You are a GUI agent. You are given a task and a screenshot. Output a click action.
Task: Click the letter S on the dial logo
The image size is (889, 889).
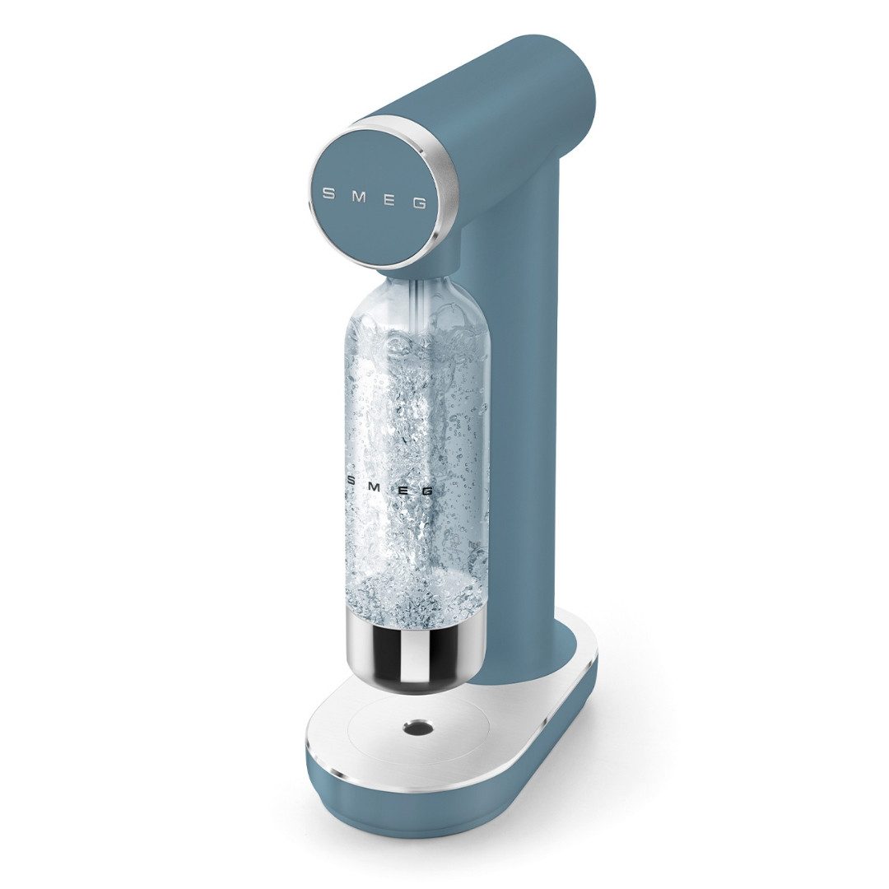[328, 194]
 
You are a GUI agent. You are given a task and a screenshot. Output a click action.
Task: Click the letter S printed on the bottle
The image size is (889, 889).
[351, 480]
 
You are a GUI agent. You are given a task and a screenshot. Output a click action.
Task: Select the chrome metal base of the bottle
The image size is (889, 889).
[412, 650]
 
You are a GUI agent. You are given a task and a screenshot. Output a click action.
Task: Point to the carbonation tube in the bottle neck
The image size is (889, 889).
[419, 296]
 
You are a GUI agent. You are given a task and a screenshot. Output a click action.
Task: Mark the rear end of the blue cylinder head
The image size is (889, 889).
[568, 82]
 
